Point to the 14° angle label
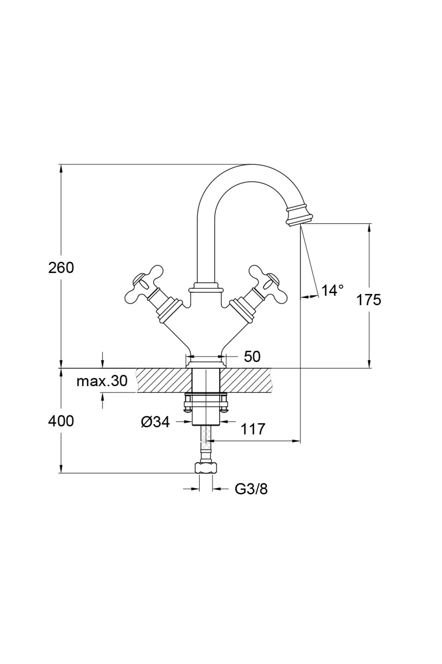tap(333, 290)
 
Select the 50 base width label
tap(252, 356)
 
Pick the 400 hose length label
tap(61, 421)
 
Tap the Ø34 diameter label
tap(155, 422)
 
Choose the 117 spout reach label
tap(253, 429)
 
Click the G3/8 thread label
tap(251, 489)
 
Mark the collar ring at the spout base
tap(206, 287)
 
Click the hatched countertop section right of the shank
tap(247, 380)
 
